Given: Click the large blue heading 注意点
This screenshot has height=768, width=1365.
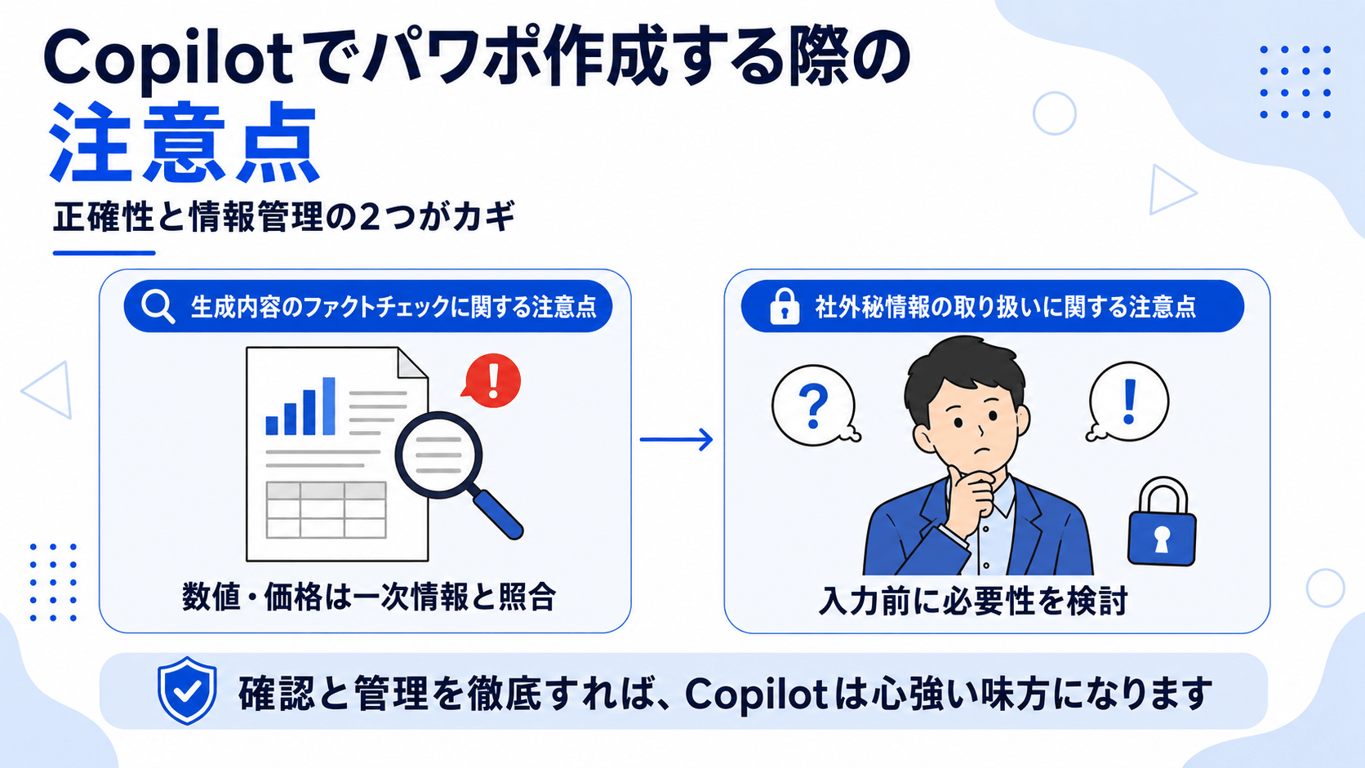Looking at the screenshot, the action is coord(184,144).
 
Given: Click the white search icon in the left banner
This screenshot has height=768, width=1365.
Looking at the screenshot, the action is coord(158,306).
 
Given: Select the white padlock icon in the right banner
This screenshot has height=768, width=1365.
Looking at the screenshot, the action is coord(785,306).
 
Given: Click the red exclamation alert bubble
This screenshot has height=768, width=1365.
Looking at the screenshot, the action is coord(491,380).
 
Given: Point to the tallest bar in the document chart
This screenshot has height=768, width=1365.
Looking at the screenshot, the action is coord(328,406).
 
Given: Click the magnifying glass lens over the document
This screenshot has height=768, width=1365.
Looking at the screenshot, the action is coord(438,455).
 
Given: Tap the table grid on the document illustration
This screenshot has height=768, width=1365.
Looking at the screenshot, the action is coord(326,510).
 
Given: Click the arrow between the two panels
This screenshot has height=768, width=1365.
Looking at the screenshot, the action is coord(677,439).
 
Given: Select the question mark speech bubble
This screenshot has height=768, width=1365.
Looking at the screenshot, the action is coord(814,406).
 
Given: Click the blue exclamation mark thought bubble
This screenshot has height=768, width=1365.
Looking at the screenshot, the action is coord(1128,402).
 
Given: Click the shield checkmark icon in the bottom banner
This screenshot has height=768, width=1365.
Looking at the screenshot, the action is coord(187,690).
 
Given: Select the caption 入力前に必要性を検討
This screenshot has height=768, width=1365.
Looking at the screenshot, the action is coord(972,602).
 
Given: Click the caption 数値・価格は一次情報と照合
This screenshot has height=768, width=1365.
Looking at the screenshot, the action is coord(369,597).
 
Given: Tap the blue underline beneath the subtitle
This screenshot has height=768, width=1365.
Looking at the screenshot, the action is coord(104,253).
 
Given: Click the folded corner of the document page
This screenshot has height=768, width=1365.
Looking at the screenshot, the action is coord(411,363).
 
